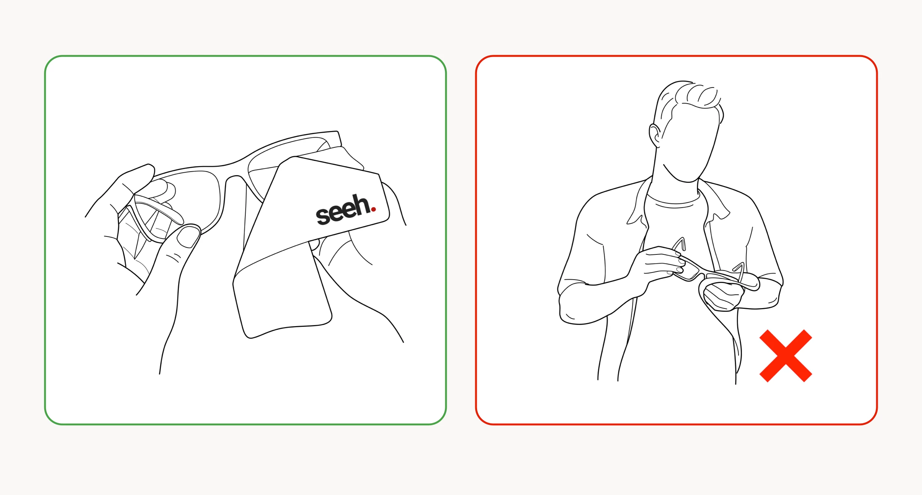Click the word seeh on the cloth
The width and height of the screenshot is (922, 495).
343,210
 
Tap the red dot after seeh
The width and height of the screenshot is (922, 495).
373,209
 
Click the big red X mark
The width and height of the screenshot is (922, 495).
785,356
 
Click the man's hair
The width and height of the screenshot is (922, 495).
690,98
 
